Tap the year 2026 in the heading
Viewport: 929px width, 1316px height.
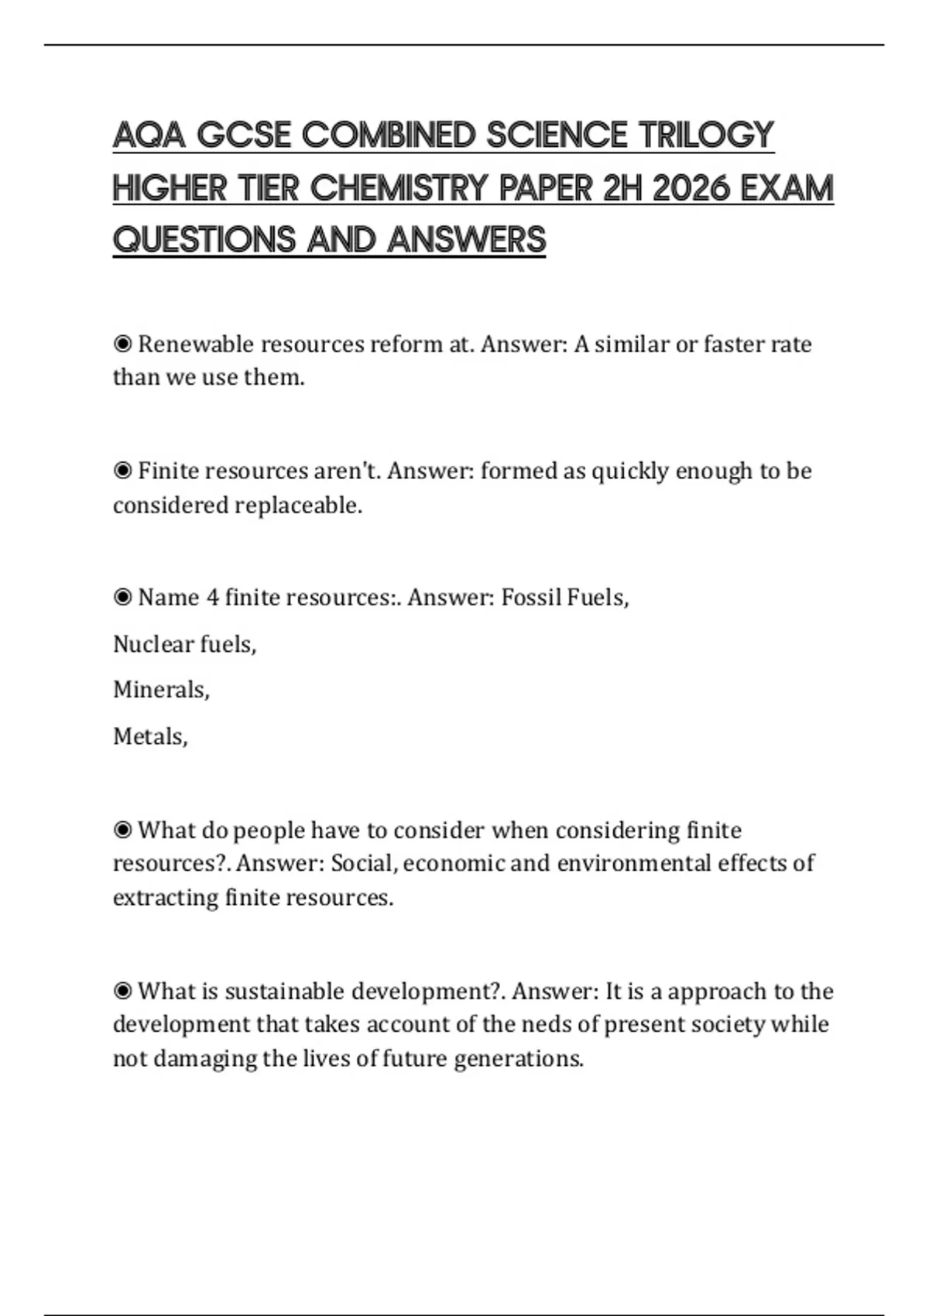pos(691,188)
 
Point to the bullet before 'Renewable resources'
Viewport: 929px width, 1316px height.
pos(122,344)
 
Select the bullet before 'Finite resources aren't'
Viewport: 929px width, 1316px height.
pos(122,471)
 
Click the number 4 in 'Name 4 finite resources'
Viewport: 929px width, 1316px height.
pos(212,598)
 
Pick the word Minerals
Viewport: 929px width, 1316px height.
pos(160,690)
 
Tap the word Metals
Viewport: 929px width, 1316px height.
pos(149,736)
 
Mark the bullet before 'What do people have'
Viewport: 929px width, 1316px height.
pos(122,830)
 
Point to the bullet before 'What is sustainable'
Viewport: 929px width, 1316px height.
pos(122,991)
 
